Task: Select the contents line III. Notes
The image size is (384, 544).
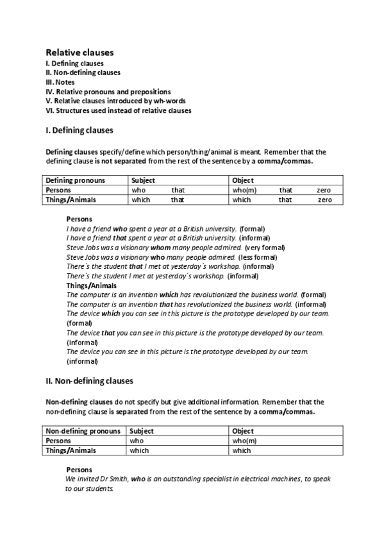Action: (x=60, y=82)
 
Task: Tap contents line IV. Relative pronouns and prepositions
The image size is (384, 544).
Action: (x=108, y=92)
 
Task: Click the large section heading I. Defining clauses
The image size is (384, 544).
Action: (x=79, y=130)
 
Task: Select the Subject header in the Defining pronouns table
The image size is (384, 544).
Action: (x=143, y=180)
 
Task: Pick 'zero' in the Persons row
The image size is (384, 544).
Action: (x=324, y=190)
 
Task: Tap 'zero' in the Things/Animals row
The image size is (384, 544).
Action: (x=325, y=200)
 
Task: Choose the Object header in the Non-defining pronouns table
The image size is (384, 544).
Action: (x=243, y=431)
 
